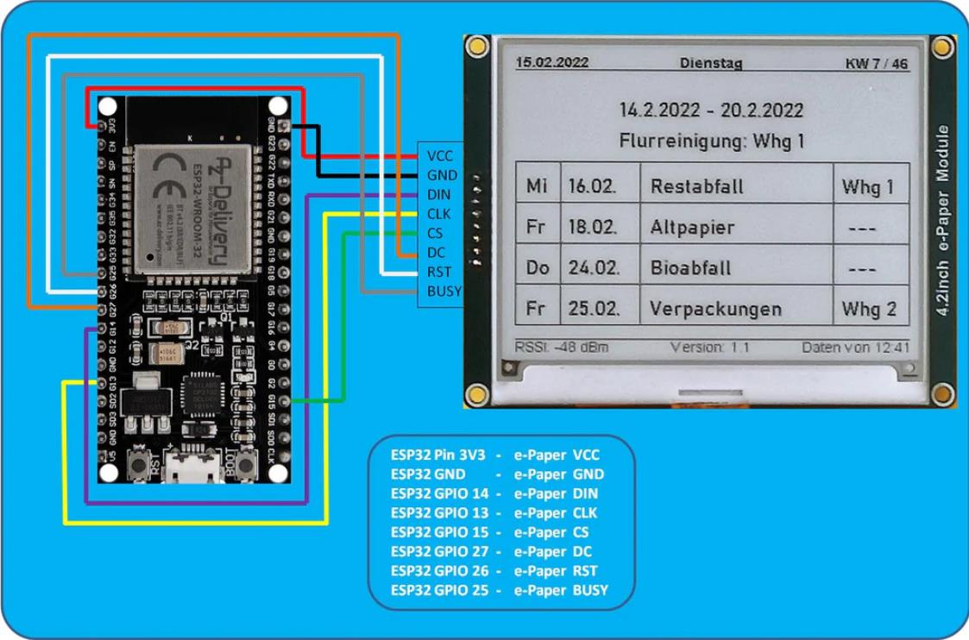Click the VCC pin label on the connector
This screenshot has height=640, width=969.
(439, 156)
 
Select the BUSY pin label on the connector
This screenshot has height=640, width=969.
(444, 291)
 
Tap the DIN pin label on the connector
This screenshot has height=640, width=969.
(438, 195)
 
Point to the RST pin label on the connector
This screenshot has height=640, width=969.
(439, 272)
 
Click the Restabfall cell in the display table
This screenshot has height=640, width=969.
(696, 186)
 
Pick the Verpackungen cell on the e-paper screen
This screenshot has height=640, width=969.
(715, 308)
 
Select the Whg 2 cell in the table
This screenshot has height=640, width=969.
(869, 308)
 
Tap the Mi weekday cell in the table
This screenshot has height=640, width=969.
(537, 186)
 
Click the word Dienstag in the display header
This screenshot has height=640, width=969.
(710, 63)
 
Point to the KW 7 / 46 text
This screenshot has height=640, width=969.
(877, 64)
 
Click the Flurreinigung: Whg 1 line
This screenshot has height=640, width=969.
(711, 140)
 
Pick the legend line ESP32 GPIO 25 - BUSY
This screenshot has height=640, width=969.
(499, 590)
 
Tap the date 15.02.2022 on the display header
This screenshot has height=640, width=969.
(551, 63)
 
